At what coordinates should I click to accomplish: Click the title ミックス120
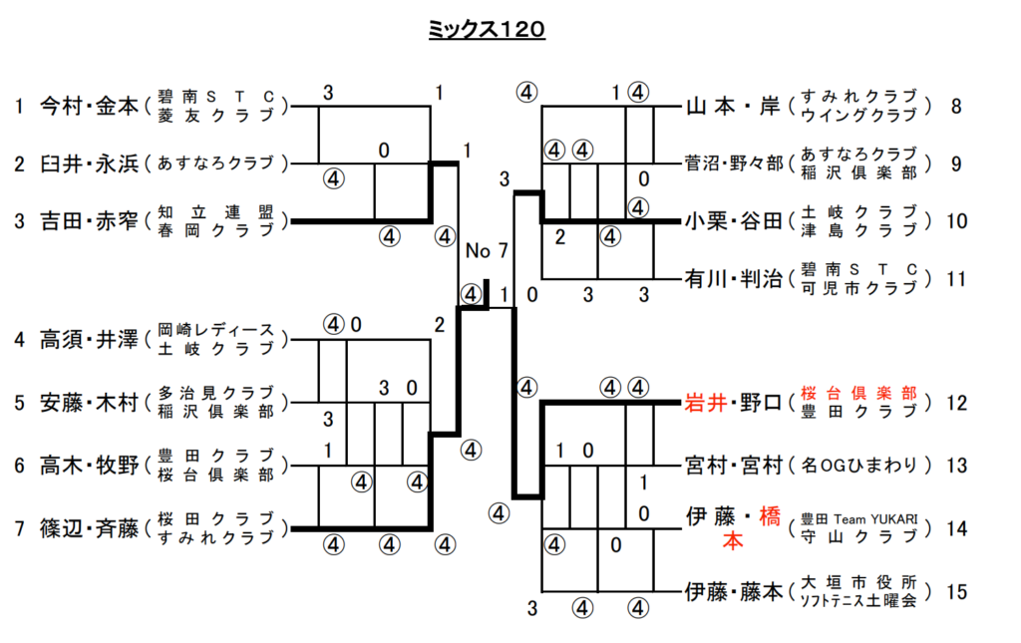tap(487, 31)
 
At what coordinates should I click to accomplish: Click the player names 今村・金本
tap(89, 106)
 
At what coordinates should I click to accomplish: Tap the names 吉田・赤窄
tap(89, 219)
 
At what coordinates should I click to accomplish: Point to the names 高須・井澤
tap(89, 339)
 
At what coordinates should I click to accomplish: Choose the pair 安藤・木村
tap(89, 404)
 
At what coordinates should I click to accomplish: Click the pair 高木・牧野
tap(89, 465)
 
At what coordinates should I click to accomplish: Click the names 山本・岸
tap(731, 106)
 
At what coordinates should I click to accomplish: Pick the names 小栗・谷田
tap(731, 220)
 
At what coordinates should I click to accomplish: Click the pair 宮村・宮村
tap(731, 465)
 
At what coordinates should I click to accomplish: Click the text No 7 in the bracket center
tap(486, 249)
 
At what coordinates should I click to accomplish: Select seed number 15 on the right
tap(956, 592)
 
